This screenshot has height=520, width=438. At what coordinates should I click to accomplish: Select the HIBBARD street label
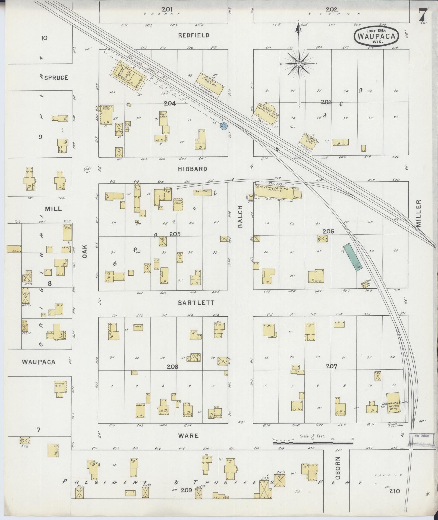click(x=193, y=169)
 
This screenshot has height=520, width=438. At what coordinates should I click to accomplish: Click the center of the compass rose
click(x=299, y=64)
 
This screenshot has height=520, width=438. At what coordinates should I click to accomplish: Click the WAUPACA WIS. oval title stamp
click(x=376, y=36)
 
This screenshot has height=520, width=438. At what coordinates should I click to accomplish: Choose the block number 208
click(x=173, y=367)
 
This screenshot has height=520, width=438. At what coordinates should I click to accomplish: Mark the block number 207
click(x=332, y=366)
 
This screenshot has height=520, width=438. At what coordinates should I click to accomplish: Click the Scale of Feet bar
click(x=312, y=443)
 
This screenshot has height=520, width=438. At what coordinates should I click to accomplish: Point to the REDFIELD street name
click(x=194, y=35)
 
